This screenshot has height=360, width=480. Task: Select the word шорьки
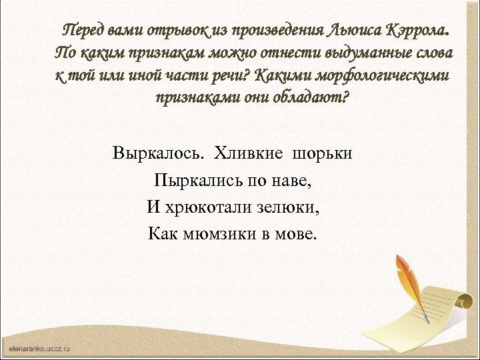click(x=323, y=154)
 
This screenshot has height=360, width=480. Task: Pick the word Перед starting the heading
click(x=81, y=30)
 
